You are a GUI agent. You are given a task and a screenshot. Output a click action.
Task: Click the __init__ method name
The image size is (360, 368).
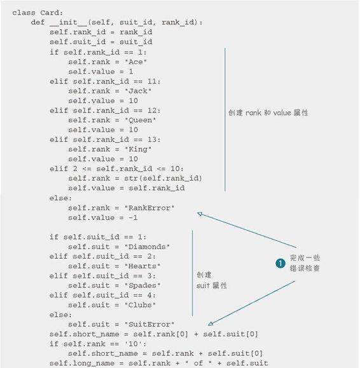coord(68,22)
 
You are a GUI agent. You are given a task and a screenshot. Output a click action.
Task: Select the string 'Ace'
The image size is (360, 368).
coord(135,62)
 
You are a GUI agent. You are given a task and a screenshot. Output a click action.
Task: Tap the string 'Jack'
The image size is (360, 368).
coord(138,91)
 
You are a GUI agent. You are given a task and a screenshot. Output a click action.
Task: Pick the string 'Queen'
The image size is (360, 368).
coord(140,120)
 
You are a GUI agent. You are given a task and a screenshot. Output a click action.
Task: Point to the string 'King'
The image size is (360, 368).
coord(138,149)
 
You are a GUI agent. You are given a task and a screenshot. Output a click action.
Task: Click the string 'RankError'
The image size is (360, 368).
coord(149,208)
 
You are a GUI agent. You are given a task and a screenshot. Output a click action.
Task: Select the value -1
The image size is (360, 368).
coord(133,217)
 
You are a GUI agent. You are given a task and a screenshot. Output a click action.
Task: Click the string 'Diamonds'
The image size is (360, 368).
coord(147,247)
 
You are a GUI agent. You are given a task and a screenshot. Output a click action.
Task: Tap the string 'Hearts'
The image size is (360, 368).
coord(142,266)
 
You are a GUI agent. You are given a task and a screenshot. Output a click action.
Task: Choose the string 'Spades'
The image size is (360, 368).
coord(142,285)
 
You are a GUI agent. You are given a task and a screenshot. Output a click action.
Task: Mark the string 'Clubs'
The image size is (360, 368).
coord(140,305)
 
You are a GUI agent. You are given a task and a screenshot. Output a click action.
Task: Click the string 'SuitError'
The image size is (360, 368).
coord(149,324)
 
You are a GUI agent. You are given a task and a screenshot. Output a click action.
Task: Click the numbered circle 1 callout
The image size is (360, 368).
coord(280,263)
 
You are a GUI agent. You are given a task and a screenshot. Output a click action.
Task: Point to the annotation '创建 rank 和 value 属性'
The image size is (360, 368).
coord(268,113)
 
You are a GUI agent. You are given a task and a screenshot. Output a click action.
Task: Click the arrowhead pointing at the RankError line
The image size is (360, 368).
coord(200,214)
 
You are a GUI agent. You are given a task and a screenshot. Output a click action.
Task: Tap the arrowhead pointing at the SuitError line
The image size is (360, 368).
coord(211,324)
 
